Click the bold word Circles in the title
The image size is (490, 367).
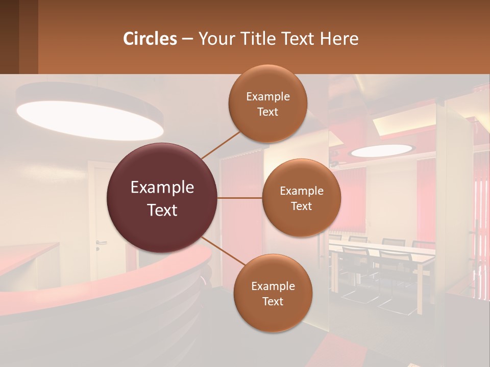click(x=150, y=39)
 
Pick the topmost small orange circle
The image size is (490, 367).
click(x=268, y=104)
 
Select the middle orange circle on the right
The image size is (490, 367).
click(x=302, y=198)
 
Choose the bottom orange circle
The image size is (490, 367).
click(x=273, y=293)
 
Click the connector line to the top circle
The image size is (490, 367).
click(x=221, y=144)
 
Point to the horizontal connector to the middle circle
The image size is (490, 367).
click(x=240, y=198)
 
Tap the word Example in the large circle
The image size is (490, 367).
click(x=162, y=188)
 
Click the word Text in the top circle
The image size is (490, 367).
click(x=268, y=112)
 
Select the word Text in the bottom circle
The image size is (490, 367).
click(x=273, y=301)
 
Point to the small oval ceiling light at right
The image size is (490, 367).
click(x=382, y=150)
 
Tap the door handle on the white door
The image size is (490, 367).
click(x=101, y=243)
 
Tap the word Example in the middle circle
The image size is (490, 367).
click(x=302, y=191)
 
